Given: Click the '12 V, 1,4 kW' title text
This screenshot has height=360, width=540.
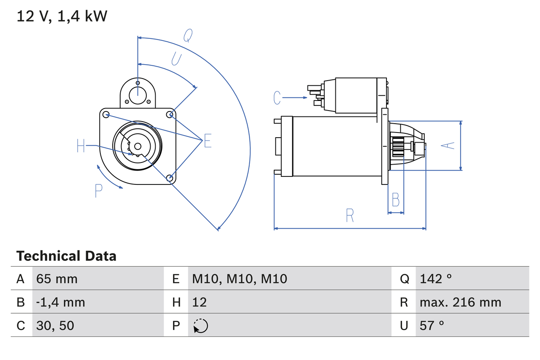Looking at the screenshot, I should (62, 16).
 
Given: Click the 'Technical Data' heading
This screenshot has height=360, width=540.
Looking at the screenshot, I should (66, 256).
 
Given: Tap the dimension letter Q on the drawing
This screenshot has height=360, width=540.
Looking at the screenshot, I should (188, 36).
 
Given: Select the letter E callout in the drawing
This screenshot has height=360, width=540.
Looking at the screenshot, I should (208, 141).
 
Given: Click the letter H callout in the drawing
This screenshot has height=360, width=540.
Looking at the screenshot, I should (81, 146).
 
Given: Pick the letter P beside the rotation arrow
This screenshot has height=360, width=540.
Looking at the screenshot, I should (98, 191).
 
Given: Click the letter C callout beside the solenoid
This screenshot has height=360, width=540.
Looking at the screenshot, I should (277, 97).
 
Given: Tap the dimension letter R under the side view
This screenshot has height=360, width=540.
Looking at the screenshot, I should (350, 215).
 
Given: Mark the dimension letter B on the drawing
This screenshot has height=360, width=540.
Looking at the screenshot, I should (395, 200).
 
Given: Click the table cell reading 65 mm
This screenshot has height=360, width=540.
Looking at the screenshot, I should (57, 279).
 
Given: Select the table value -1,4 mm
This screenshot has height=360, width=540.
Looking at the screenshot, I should (60, 302).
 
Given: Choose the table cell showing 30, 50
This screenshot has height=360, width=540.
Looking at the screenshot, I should (55, 325).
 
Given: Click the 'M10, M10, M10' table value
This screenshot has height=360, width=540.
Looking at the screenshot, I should (240, 279).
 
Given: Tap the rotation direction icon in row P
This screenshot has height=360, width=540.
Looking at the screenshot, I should (200, 326).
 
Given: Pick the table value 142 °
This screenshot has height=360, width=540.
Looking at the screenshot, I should (436, 279).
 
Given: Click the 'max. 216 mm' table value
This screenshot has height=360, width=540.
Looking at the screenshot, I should (460, 302).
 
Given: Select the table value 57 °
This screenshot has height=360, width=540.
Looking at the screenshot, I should (432, 325).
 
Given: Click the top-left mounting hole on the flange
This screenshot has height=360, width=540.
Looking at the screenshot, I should (106, 114).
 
